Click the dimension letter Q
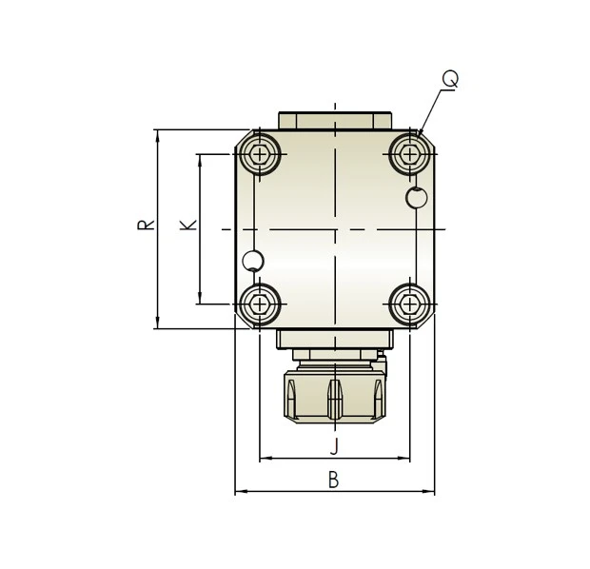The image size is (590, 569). (450, 79)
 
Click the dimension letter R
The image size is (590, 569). (146, 225)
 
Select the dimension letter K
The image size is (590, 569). (188, 225)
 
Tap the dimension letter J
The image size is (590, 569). (334, 446)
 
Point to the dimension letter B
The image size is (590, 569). (333, 481)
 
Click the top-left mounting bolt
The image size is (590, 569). (259, 154)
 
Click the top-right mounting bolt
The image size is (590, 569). (410, 154)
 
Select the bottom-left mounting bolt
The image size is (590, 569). (259, 304)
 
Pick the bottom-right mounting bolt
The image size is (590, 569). (410, 304)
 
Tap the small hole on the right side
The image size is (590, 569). (417, 198)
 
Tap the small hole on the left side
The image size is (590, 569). (253, 261)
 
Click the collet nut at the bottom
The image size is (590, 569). (335, 397)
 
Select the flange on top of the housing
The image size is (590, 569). (335, 121)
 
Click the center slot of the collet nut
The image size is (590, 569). (335, 400)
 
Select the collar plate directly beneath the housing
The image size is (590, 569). (335, 339)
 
